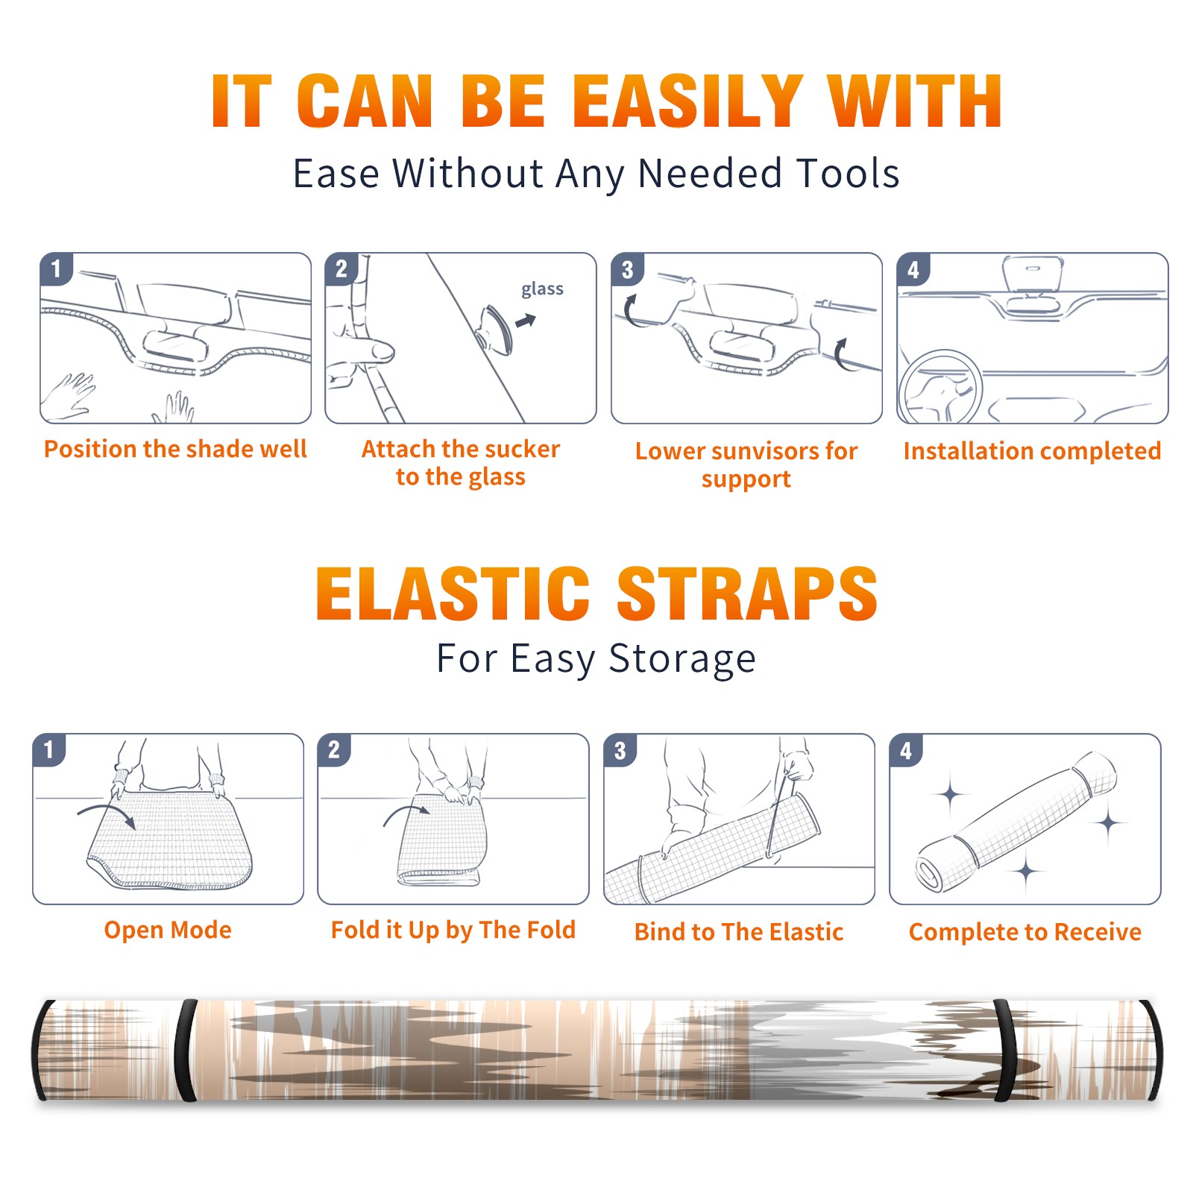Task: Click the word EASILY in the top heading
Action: coord(687,101)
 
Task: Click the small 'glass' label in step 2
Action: coord(542,289)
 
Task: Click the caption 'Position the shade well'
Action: coord(175,449)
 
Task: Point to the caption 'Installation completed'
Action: coord(1032,451)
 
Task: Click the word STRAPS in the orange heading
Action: coord(747,594)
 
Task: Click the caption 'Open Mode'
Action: coord(168,930)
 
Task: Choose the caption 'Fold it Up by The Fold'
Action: coord(453,930)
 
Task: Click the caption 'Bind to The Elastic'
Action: coord(739,932)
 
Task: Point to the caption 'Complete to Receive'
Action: coord(1025,932)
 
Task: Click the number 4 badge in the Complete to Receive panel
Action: coord(906,751)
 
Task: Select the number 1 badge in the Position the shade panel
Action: coord(56,268)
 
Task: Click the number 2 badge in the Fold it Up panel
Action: coord(334,750)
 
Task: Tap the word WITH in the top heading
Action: coord(916,101)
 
